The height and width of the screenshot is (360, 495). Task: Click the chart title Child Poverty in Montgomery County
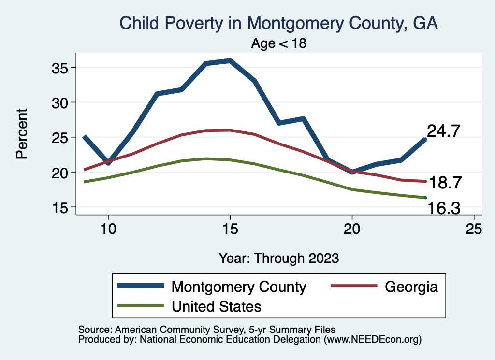point(278,23)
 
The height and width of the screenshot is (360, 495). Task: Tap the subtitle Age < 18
point(279,43)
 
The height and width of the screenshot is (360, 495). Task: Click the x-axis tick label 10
point(108,229)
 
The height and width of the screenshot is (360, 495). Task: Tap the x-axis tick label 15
point(230,229)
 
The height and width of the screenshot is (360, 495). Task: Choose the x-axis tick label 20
point(352,229)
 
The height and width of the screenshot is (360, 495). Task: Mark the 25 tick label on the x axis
point(474,229)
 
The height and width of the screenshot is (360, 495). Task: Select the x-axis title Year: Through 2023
point(278,258)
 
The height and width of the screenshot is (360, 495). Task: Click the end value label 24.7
point(443,131)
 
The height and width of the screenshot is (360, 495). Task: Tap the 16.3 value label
point(443,208)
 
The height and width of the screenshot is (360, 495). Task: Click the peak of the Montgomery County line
point(230,60)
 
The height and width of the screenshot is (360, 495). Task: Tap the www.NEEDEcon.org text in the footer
point(373,340)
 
